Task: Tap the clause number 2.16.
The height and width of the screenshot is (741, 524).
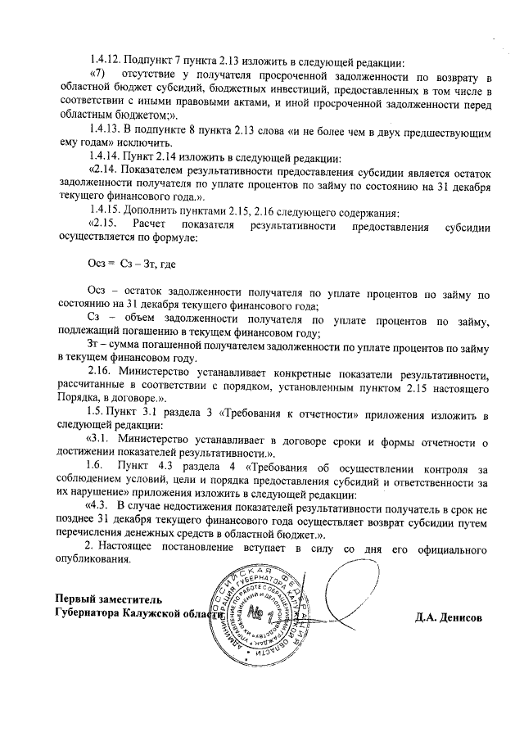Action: [x=102, y=370]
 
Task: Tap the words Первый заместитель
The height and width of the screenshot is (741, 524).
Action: [x=102, y=600]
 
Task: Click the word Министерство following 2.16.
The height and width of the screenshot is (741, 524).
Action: [x=156, y=370]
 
